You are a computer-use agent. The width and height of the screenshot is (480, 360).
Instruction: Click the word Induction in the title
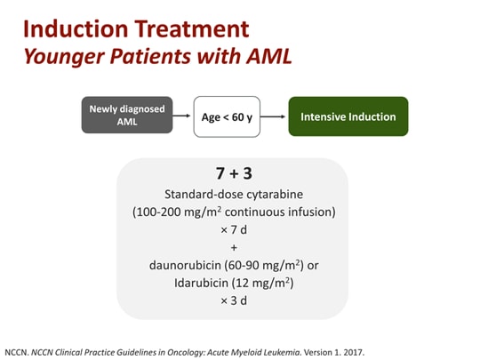(76, 29)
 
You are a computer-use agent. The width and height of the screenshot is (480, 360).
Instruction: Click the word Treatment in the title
(192, 29)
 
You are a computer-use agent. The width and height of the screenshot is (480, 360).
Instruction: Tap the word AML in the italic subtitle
(269, 56)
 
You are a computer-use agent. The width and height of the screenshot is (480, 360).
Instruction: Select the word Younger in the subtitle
(64, 58)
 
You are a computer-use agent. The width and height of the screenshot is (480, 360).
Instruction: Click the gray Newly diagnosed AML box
(127, 115)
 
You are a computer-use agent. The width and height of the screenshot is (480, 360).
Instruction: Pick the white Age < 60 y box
(227, 116)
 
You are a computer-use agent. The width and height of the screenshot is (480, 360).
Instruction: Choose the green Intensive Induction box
(348, 116)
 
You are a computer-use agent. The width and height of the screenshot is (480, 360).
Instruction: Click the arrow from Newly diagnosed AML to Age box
(181, 116)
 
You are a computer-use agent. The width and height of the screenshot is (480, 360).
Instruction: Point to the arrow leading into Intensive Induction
(273, 116)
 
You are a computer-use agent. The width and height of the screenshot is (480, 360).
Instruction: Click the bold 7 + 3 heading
(234, 173)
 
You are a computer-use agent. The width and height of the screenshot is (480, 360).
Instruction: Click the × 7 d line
(234, 230)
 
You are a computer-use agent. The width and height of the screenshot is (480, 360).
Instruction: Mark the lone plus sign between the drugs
(234, 247)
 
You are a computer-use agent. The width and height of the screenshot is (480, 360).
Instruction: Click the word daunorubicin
(185, 265)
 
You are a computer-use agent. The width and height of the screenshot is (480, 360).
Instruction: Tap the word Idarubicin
(201, 283)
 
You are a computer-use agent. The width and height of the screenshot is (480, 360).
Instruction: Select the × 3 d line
(234, 300)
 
